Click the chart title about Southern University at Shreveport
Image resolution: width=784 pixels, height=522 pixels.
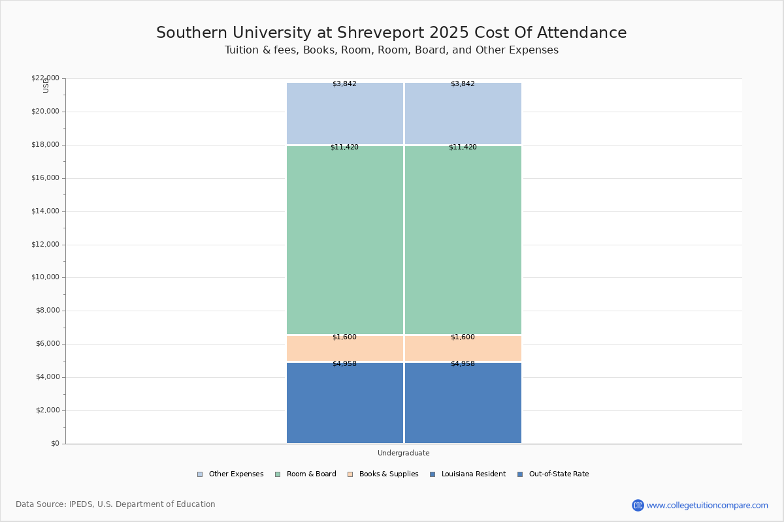391,33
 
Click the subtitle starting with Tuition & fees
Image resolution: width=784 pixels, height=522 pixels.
391,50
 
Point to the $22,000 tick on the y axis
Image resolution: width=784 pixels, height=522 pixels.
45,78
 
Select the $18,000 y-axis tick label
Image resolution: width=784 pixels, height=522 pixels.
45,145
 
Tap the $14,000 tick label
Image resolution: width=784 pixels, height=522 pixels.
45,211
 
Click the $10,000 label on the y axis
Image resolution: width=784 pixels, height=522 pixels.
45,277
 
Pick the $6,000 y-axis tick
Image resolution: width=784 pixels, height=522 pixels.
47,344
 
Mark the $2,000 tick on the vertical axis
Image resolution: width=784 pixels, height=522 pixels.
47,410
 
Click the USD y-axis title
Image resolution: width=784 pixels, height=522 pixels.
46,85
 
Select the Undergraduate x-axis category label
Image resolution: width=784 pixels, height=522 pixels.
404,453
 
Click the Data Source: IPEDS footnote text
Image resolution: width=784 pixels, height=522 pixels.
116,504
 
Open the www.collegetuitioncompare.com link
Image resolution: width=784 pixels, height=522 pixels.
707,505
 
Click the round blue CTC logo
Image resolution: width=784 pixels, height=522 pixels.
638,505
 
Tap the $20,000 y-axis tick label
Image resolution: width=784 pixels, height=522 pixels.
45,112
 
